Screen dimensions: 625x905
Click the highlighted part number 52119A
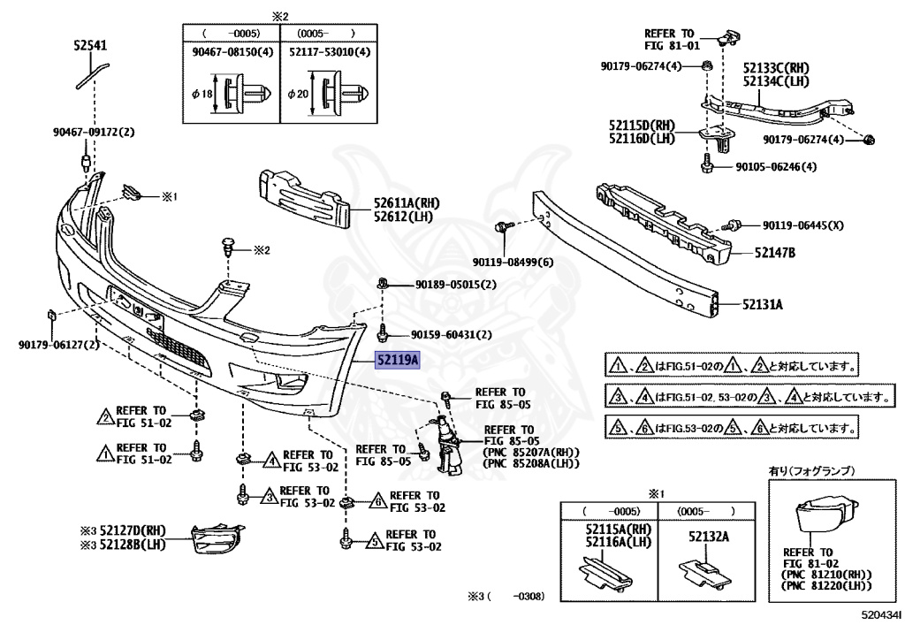pyautogui.click(x=398, y=361)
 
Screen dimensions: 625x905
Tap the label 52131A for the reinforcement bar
pyautogui.click(x=763, y=305)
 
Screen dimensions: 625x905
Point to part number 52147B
pyautogui.click(x=775, y=253)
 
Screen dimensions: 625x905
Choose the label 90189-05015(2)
pyautogui.click(x=455, y=285)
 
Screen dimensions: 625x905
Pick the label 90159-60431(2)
pyautogui.click(x=451, y=334)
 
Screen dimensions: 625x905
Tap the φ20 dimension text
pyautogui.click(x=298, y=95)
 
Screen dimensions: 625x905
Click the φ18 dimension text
pyautogui.click(x=199, y=95)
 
